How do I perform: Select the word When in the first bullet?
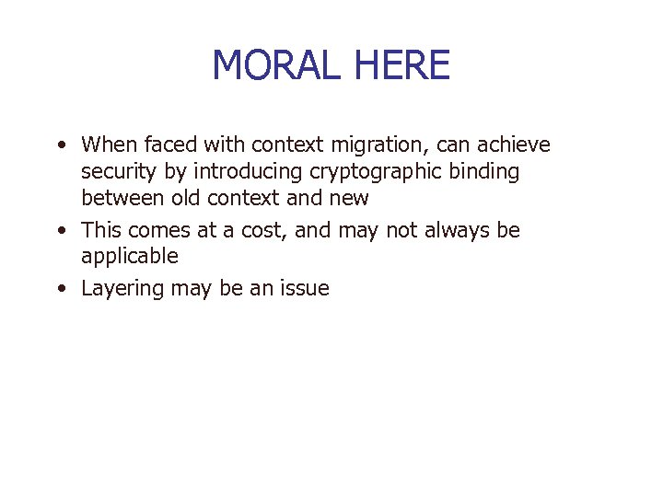pos(106,144)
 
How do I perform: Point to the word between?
pos(119,198)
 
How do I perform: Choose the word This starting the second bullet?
pos(99,230)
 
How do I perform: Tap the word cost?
pos(264,230)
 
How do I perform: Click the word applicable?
pos(130,257)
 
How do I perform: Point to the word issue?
pos(304,289)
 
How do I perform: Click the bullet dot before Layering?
pos(60,289)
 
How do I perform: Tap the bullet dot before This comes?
pos(60,230)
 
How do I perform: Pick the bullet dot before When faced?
pos(60,144)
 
